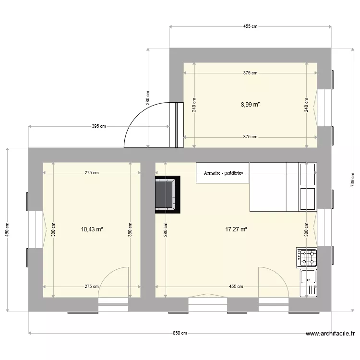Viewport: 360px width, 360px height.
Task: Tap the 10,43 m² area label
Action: tap(92, 229)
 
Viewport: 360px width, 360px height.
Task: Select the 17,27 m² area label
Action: tap(236, 229)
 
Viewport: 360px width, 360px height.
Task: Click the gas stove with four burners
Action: tap(307, 257)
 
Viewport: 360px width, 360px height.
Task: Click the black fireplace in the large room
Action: tap(167, 194)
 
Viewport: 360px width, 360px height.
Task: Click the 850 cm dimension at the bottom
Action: tap(180, 333)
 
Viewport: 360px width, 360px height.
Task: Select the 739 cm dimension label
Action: tap(352, 180)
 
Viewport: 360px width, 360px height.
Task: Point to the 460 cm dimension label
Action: tap(7, 229)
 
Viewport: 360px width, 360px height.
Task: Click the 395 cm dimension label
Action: tap(99, 126)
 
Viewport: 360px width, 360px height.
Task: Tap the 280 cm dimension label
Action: tap(148, 98)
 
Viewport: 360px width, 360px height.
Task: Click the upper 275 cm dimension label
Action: tap(92, 173)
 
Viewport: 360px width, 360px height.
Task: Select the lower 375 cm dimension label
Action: tap(250, 137)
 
